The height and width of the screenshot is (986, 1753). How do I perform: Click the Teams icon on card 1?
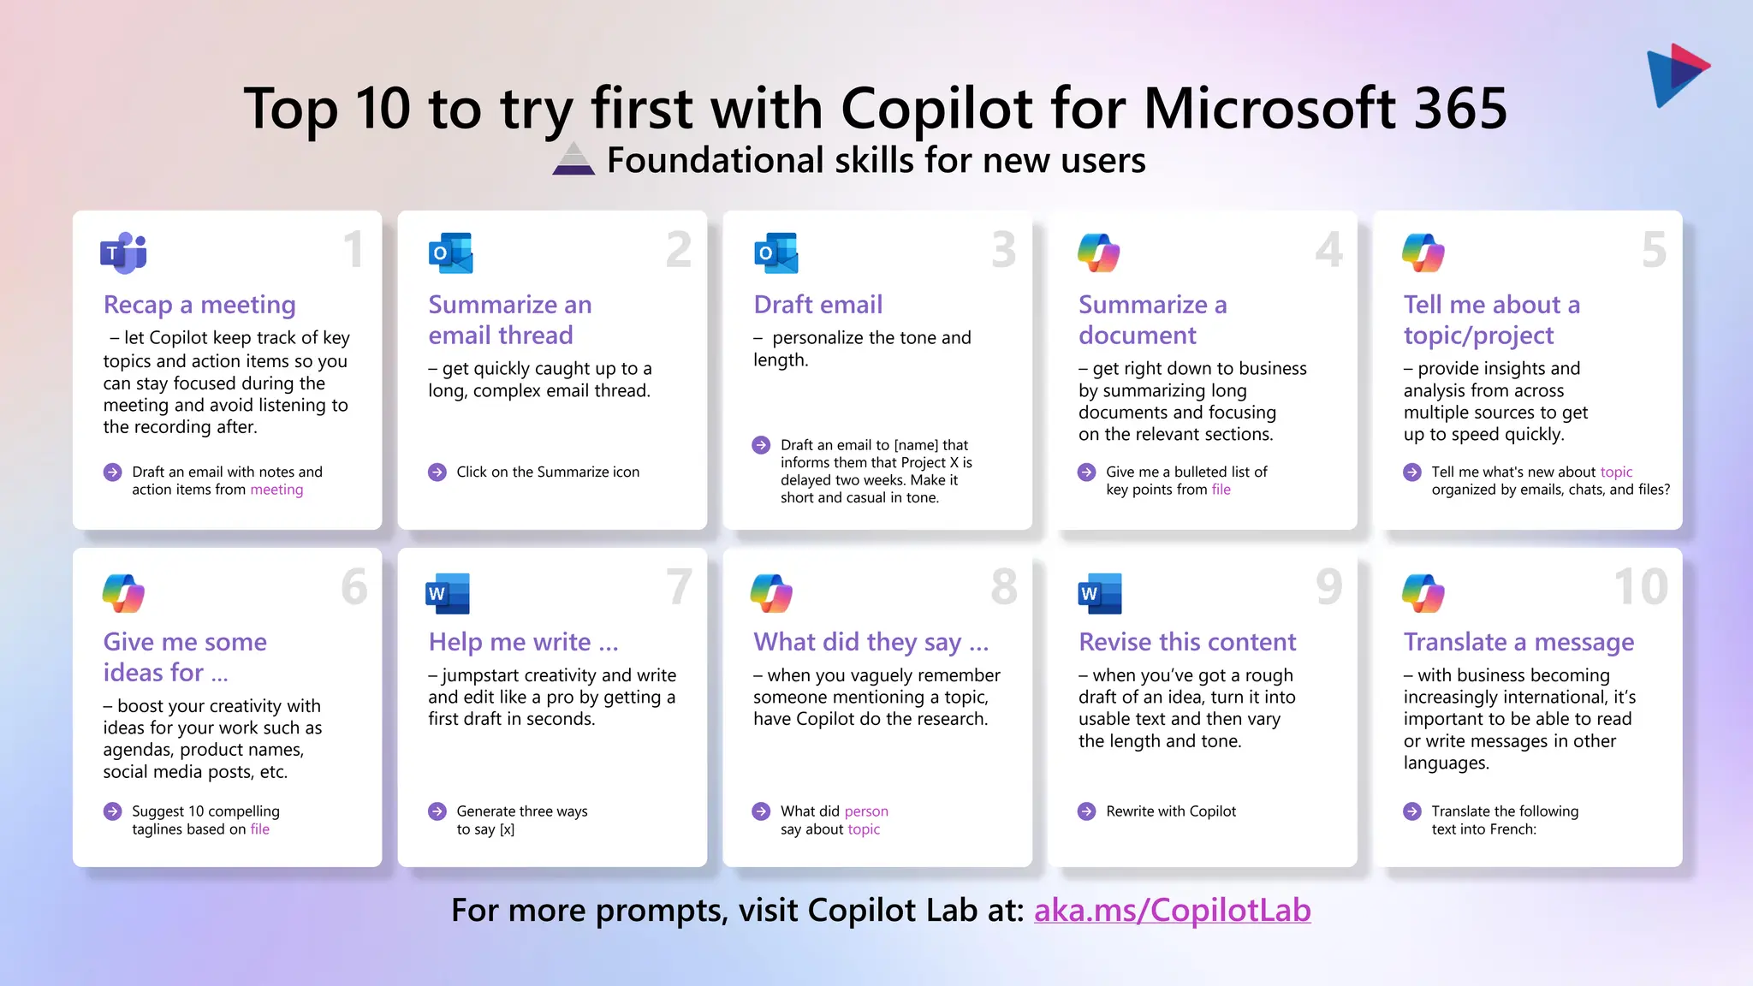(x=123, y=253)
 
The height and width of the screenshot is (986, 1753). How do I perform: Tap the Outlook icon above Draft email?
(x=775, y=253)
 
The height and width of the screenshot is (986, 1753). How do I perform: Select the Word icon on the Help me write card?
(x=448, y=593)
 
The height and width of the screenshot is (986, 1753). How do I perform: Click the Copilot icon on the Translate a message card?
(x=1423, y=593)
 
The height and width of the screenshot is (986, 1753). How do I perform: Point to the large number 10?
(x=1640, y=587)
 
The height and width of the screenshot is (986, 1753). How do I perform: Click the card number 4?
(x=1328, y=250)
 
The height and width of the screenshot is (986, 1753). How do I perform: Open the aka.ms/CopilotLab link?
(x=1172, y=910)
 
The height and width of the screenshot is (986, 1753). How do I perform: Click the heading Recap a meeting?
(x=199, y=305)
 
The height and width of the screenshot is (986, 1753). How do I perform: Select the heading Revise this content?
(x=1187, y=642)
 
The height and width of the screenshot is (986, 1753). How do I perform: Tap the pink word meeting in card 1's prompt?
(x=276, y=490)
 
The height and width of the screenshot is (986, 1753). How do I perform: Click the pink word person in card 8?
(x=866, y=811)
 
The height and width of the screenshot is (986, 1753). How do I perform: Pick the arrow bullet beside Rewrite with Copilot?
(x=1086, y=811)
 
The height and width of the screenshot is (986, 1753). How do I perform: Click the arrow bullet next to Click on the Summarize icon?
(x=437, y=472)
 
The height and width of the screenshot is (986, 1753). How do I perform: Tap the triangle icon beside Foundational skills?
(x=573, y=159)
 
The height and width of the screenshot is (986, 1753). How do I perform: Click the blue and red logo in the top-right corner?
(x=1676, y=74)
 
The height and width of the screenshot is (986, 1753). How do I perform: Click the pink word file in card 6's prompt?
(x=259, y=829)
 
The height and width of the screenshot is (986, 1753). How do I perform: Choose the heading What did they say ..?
(x=871, y=642)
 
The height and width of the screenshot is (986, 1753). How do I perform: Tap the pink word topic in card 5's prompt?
(x=1616, y=472)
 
